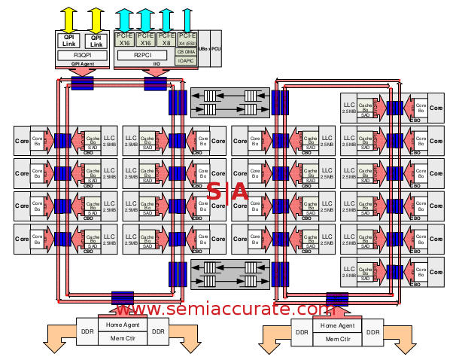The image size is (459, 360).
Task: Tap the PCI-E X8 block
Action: tap(166, 40)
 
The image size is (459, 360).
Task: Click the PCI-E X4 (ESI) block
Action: tap(187, 40)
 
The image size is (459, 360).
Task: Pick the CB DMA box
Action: tap(187, 52)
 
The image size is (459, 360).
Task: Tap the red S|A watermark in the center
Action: tap(228, 192)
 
